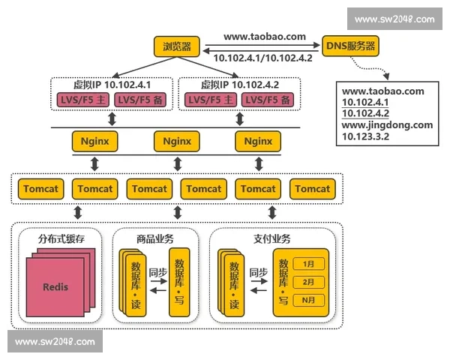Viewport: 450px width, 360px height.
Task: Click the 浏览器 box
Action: coord(176,47)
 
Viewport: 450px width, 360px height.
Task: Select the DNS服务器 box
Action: coord(350,47)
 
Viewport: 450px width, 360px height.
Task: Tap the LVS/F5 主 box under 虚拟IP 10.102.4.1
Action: coord(82,100)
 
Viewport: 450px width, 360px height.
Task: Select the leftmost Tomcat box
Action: coord(42,189)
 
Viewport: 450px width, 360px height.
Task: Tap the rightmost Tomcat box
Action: coord(311,189)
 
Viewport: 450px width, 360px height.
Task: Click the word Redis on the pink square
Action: coord(55,286)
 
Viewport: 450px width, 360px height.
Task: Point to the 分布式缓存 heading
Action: coord(58,238)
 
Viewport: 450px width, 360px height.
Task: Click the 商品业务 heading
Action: coord(155,238)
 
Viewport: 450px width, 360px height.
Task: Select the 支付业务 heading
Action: coord(271,238)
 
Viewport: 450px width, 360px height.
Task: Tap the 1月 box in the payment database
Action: coord(308,263)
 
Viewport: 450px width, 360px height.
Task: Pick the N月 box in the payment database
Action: coord(308,300)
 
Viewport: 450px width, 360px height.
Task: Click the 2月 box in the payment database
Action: coord(308,282)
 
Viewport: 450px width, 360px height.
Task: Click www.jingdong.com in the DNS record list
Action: coord(387,125)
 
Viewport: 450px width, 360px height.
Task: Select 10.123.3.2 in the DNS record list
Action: coord(366,137)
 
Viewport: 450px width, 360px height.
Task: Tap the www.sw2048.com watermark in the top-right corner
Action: coord(394,19)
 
